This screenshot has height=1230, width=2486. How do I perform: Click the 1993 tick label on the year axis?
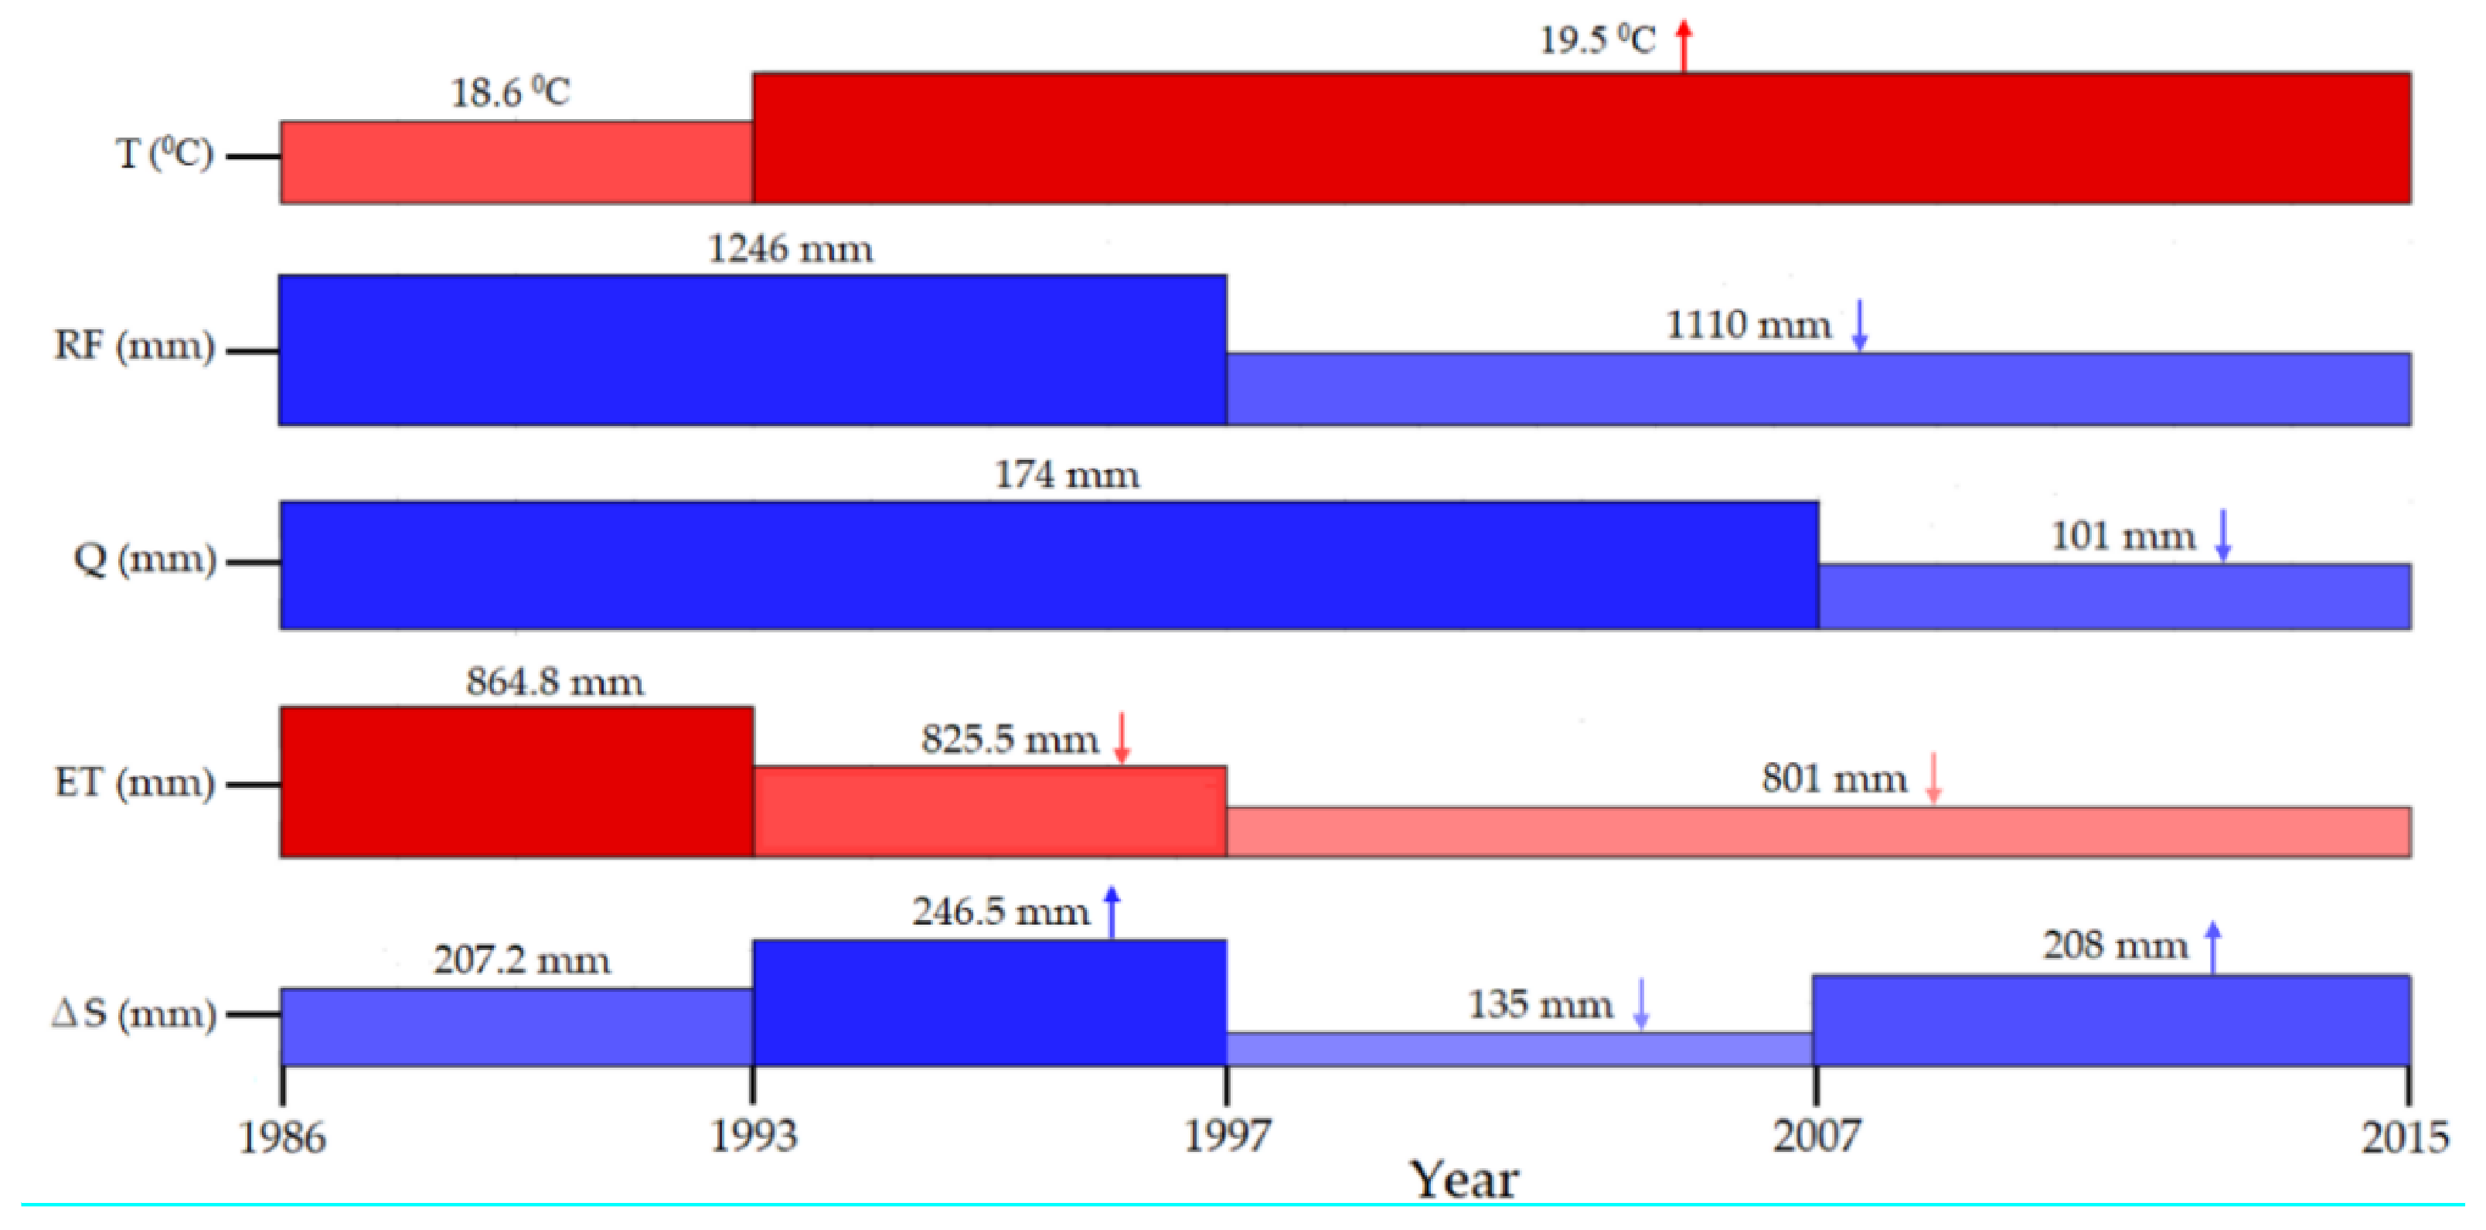754,1136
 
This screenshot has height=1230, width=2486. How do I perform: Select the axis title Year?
1464,1180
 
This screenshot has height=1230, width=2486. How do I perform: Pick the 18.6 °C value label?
510,93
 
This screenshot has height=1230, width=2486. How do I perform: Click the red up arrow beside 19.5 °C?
1684,46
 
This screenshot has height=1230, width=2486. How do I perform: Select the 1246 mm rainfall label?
790,249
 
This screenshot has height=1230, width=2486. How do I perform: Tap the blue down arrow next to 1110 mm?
1860,325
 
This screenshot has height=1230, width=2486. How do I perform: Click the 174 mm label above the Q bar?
1067,475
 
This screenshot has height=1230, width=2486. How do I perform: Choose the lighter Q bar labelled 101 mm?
2113,597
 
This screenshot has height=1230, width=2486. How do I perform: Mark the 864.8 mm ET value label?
555,682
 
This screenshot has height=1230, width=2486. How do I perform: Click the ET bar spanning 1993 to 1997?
989,811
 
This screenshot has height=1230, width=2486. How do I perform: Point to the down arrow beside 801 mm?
1933,777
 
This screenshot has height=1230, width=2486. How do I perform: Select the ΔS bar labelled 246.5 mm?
989,1002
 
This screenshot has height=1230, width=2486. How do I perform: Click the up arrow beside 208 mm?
2214,947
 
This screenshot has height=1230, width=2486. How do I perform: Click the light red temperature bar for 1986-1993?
516,162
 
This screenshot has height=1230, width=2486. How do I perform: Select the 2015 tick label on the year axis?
2404,1136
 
